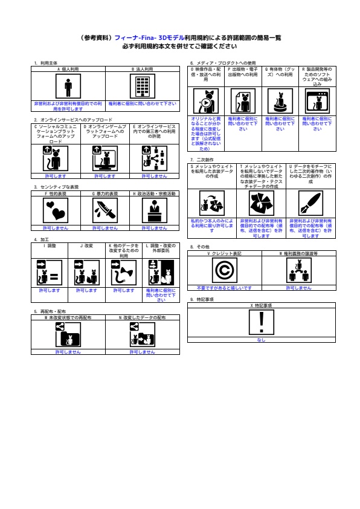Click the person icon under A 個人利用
[68, 88]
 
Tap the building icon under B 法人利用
[142, 88]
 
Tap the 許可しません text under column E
[154, 176]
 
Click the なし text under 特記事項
[261, 340]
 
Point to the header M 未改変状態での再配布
[68, 317]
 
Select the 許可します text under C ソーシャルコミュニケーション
[55, 176]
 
